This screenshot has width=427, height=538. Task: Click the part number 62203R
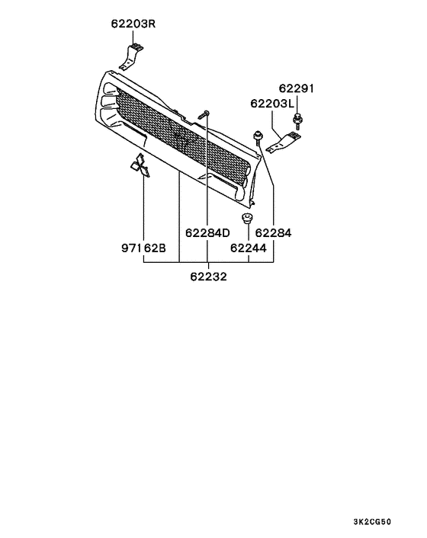point(130,24)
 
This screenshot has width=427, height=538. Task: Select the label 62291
point(296,89)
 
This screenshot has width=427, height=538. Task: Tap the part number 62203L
point(271,104)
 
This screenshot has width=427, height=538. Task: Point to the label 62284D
point(207,232)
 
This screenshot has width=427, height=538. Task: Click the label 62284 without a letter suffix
point(272,232)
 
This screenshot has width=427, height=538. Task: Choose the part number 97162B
point(143,247)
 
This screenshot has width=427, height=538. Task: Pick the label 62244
point(249,247)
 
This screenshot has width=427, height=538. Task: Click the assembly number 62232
point(208,277)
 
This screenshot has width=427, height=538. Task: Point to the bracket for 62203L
point(287,142)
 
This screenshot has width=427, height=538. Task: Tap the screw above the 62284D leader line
point(204,114)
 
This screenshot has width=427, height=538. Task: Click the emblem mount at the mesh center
point(181,138)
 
